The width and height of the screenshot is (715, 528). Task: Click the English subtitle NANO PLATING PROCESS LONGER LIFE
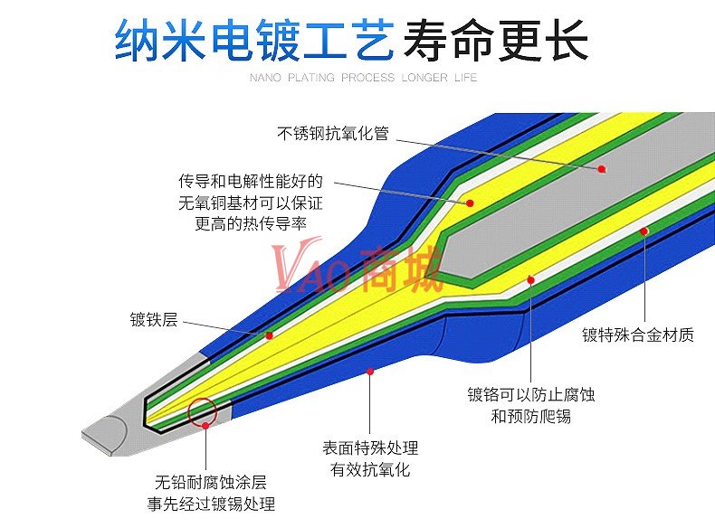pos(363,78)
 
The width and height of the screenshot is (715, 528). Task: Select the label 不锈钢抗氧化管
pos(332,133)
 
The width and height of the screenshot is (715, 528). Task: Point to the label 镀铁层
pos(153,320)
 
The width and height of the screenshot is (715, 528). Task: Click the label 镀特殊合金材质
pos(638,335)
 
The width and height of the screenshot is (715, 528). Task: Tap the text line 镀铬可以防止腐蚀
pos(531,395)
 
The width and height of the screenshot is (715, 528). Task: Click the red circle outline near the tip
pos(203,411)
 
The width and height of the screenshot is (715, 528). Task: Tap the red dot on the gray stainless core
pos(601,168)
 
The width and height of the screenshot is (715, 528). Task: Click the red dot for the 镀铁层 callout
pos(269,335)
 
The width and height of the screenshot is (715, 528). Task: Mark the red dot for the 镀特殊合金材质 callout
pos(644,231)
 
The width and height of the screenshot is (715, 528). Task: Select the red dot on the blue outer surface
pos(369,371)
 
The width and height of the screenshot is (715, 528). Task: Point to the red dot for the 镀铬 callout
pos(531,280)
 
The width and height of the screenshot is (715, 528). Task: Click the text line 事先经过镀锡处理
pos(211,504)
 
